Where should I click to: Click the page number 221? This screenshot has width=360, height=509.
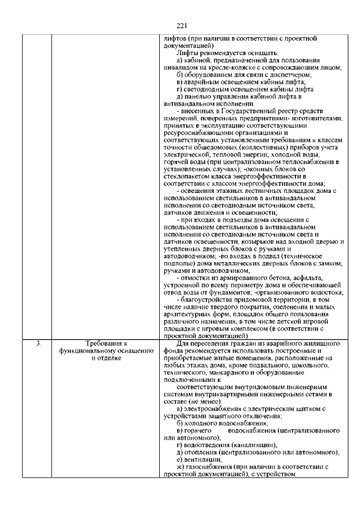pos(181,25)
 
